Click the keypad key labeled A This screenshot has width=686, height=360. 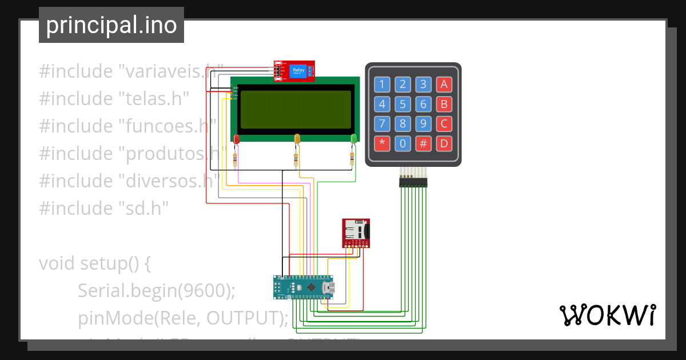pyautogui.click(x=444, y=85)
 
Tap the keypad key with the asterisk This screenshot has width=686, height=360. pyautogui.click(x=382, y=143)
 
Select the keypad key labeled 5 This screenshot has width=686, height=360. pyautogui.click(x=402, y=105)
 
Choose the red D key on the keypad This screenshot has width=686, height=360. pyautogui.click(x=444, y=143)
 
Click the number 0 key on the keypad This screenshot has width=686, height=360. pyautogui.click(x=402, y=143)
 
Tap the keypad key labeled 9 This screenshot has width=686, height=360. pyautogui.click(x=423, y=123)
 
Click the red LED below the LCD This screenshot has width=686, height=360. pyautogui.click(x=236, y=138)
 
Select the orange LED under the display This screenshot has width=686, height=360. pyautogui.click(x=297, y=138)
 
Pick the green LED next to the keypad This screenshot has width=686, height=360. pyautogui.click(x=353, y=138)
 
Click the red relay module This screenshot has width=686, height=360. pyautogui.click(x=294, y=71)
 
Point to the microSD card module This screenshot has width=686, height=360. pyautogui.click(x=356, y=233)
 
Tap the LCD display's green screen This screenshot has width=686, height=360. pyautogui.click(x=296, y=109)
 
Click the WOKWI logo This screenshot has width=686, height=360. pyautogui.click(x=607, y=315)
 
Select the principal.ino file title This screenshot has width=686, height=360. pyautogui.click(x=111, y=26)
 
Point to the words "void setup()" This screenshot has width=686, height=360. pyautogui.click(x=94, y=263)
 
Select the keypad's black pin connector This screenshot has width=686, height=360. pyautogui.click(x=413, y=182)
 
